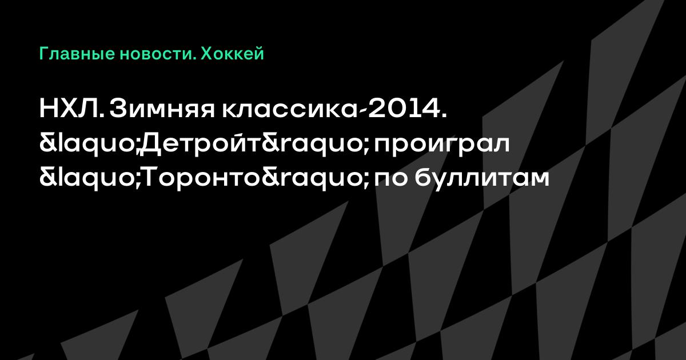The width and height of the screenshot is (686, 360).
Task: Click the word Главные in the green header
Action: tap(77, 54)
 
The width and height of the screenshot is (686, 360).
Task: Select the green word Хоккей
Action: tap(232, 53)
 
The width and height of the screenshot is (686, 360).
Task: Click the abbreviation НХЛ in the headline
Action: tap(72, 109)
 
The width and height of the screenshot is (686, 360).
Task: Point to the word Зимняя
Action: tap(162, 109)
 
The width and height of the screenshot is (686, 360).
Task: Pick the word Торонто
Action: tap(202, 178)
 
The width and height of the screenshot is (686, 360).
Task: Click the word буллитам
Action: tap(482, 178)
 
